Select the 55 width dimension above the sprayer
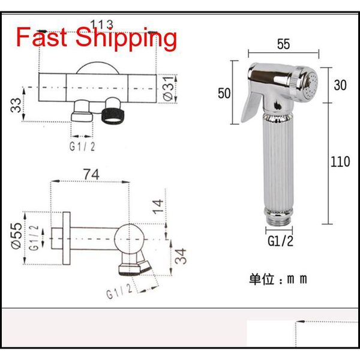[284, 43]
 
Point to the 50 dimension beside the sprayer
[224, 92]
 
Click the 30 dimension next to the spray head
[340, 86]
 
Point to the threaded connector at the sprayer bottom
[280, 215]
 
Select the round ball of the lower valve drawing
[129, 237]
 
